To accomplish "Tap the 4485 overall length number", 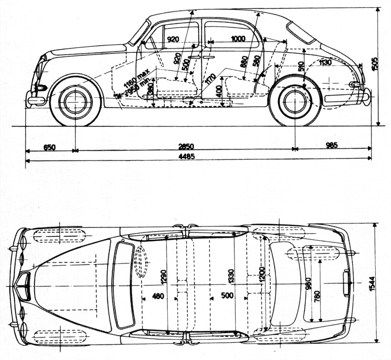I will (187, 156).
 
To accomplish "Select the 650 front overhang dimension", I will (49, 147).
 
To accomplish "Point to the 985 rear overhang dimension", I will (331, 145).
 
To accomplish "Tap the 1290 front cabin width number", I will (164, 277).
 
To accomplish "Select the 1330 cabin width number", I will (231, 277).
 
